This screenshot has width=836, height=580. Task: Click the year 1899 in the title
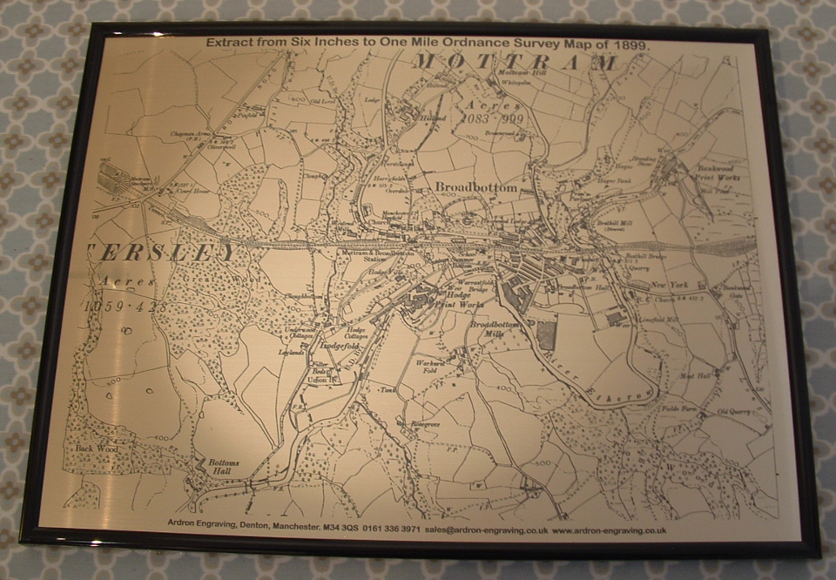click(x=633, y=44)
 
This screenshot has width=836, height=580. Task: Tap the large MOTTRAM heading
click(x=515, y=63)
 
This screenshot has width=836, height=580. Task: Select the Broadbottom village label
click(x=475, y=188)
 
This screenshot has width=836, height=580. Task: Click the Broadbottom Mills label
click(x=494, y=329)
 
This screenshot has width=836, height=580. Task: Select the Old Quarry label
click(x=732, y=411)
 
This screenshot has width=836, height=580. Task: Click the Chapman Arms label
click(x=192, y=133)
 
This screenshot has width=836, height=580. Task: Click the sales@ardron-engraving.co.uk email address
click(x=487, y=529)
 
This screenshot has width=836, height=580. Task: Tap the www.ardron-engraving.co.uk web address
click(x=609, y=529)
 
